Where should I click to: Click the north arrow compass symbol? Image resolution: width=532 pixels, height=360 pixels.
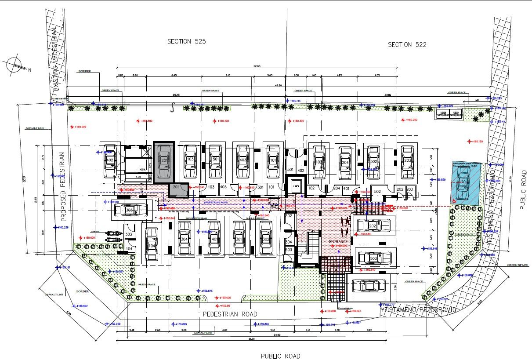[15, 65]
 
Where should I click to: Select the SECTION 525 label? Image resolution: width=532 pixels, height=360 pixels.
[187, 41]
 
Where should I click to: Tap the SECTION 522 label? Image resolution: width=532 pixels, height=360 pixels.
[407, 44]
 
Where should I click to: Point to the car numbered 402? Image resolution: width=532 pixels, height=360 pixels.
[109, 161]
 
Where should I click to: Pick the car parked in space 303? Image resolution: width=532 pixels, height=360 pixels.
[130, 210]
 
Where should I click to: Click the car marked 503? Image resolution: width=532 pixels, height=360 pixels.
[374, 258]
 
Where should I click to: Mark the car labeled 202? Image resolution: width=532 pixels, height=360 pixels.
[373, 226]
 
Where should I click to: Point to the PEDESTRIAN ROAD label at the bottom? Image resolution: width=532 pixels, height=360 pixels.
[230, 314]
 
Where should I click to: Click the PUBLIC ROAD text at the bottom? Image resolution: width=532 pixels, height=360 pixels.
[280, 356]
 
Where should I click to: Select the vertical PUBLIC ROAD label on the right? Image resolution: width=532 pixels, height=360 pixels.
[523, 189]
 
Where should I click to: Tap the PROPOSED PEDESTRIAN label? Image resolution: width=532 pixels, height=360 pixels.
[63, 186]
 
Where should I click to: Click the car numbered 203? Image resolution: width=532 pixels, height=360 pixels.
[408, 161]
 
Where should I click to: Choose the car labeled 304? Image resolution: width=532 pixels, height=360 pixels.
[185, 239]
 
